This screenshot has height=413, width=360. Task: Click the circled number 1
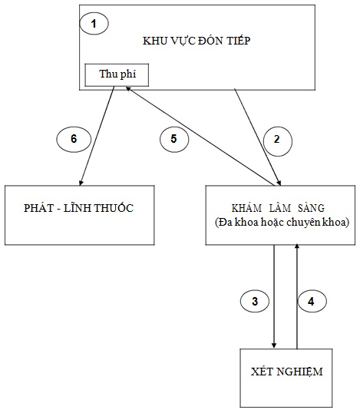pos(94,24)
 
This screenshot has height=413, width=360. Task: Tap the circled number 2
pos(278,140)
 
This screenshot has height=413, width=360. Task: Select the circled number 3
pos(255,302)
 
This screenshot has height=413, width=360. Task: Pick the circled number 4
pos(312,302)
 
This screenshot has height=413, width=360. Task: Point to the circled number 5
pos(174,139)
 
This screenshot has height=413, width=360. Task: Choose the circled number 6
pos(74,140)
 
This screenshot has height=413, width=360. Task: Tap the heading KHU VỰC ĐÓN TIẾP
pos(197,41)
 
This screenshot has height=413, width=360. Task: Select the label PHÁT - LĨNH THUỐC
pos(78,208)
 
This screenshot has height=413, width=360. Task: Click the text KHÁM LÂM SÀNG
pos(278,208)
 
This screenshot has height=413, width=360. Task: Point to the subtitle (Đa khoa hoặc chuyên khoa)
pos(282,223)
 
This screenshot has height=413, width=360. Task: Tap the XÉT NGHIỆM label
pos(287,372)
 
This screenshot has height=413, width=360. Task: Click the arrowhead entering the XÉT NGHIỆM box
pos(274,345)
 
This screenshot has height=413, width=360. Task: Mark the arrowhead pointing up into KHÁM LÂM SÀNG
pos(297,246)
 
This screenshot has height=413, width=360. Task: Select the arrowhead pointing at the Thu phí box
pos(128,89)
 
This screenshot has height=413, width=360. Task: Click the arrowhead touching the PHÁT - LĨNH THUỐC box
pos(81,182)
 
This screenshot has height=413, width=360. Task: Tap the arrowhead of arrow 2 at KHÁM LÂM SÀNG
pos(279,183)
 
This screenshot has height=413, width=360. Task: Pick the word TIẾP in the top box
pos(238,41)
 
